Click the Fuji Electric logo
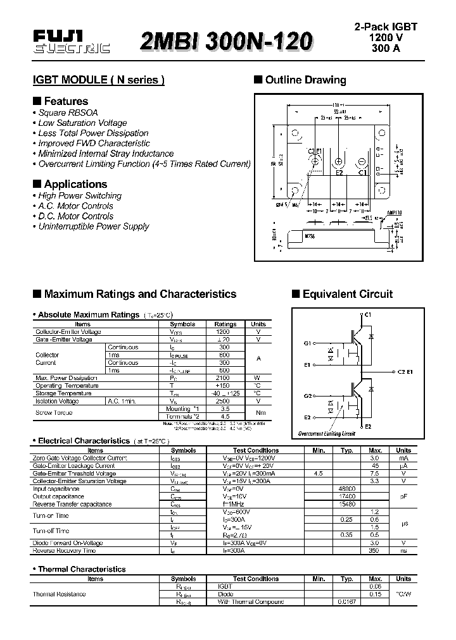(71, 42)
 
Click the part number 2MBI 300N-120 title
(227, 42)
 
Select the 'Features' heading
(66, 101)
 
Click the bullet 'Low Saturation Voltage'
(82, 123)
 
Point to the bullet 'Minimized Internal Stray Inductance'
(106, 154)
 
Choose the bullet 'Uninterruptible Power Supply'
(93, 226)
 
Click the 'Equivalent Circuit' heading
(347, 294)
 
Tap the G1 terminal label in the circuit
(307, 343)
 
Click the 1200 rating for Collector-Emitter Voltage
(223, 331)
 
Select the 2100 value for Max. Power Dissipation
(223, 378)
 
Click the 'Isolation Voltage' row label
(57, 401)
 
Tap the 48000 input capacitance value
(347, 489)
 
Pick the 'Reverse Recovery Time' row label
(64, 551)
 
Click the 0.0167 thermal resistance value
(347, 601)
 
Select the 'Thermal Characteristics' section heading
(82, 569)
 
